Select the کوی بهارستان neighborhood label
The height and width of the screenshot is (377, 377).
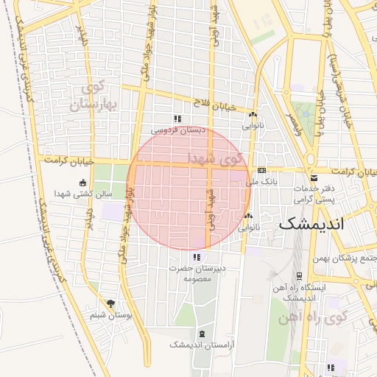click(94, 97)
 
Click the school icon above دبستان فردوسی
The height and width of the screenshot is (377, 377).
click(177, 119)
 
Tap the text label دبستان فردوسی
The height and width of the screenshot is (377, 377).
click(177, 130)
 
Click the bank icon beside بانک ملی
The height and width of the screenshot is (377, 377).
click(261, 170)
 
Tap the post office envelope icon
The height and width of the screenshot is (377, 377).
click(314, 178)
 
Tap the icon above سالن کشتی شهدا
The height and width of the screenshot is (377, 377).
click(82, 183)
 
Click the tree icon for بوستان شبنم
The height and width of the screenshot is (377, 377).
click(110, 303)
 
